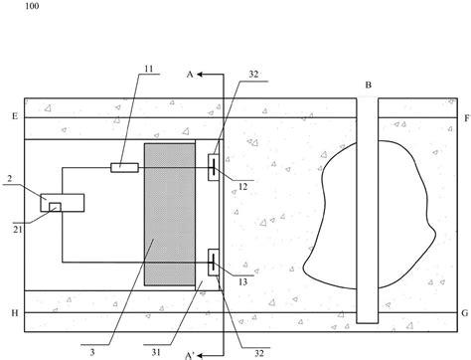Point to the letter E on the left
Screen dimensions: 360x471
pyautogui.click(x=14, y=117)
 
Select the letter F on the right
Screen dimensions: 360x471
pyautogui.click(x=465, y=117)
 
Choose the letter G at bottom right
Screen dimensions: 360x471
pyautogui.click(x=465, y=312)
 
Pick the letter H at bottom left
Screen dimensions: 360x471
pyautogui.click(x=14, y=312)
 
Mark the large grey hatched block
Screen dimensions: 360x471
pyautogui.click(x=170, y=214)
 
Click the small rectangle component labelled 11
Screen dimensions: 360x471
pyautogui.click(x=123, y=167)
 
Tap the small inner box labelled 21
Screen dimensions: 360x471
pyautogui.click(x=56, y=206)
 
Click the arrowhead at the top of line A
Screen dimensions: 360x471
pyautogui.click(x=201, y=74)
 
